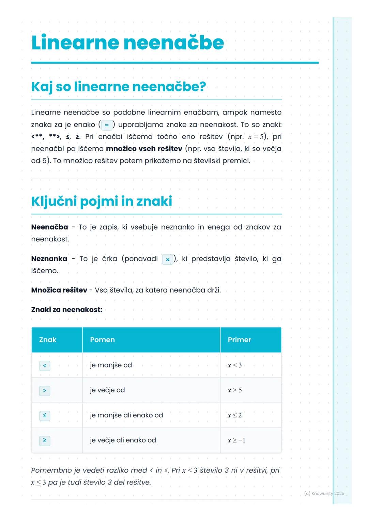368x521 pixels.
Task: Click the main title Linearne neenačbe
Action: [x=127, y=43]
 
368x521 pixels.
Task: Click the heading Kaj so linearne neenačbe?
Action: [x=118, y=87]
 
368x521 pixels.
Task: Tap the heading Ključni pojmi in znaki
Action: [x=101, y=201]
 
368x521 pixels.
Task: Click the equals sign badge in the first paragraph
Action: [x=107, y=125]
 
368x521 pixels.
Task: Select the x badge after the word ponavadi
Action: [x=167, y=259]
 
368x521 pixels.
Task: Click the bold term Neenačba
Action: [x=49, y=227]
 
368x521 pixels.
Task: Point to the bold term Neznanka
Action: [x=49, y=259]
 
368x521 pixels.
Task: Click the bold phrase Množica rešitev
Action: [x=59, y=290]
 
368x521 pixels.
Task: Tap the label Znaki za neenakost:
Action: [x=66, y=310]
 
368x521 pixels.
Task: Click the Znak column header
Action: [x=48, y=340]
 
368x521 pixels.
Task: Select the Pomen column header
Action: [x=102, y=340]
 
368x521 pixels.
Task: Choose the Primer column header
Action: [x=239, y=340]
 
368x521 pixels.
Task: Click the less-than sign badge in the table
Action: [x=45, y=366]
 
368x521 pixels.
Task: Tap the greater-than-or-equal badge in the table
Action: [x=45, y=441]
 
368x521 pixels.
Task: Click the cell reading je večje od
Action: [x=107, y=390]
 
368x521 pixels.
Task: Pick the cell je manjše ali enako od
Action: [x=126, y=415]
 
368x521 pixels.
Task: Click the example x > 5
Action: [x=234, y=390]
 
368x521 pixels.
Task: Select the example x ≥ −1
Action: [x=236, y=440]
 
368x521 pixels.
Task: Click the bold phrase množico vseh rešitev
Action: [x=144, y=149]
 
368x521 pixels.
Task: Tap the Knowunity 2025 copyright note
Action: [x=324, y=493]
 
